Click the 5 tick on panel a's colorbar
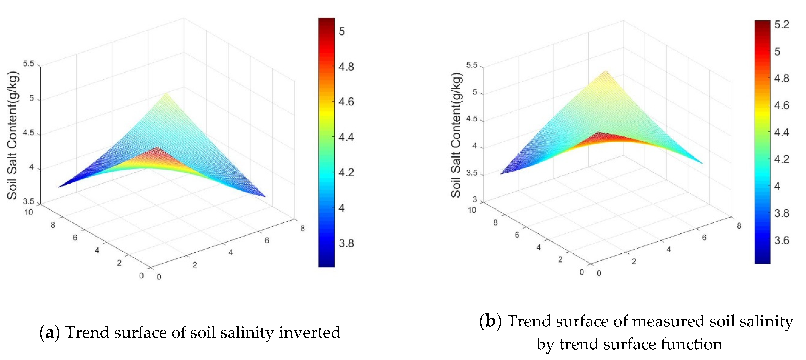coord(342,31)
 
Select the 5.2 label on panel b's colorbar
coord(782,24)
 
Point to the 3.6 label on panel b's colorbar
coord(782,240)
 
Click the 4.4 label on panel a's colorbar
coord(346,137)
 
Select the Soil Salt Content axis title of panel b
coord(456,135)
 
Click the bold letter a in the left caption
coord(49,332)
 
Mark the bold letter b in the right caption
coord(490,321)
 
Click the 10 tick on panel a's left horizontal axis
coord(29,212)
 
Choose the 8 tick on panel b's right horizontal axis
coord(739,226)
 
